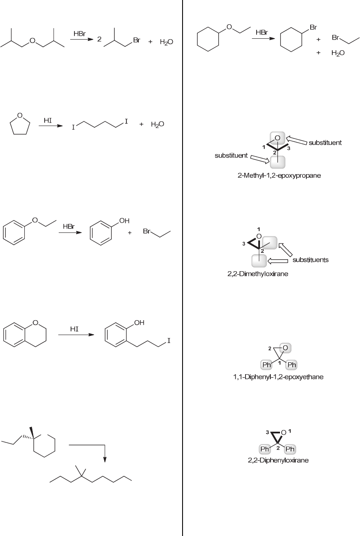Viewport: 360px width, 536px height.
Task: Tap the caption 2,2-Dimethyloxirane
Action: point(257,274)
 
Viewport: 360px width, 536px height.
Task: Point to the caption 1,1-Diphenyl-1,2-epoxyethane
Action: point(278,377)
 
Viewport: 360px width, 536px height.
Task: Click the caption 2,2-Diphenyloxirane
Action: point(278,460)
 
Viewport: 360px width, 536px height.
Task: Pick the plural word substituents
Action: point(310,260)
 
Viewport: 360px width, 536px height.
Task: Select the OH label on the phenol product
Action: point(124,221)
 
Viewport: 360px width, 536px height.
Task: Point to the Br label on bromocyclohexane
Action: point(313,27)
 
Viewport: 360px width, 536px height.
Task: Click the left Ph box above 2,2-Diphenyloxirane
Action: point(265,449)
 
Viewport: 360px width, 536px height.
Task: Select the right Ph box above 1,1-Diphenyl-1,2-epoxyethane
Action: point(291,365)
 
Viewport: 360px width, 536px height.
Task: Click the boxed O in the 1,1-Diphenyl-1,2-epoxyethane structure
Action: point(285,348)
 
